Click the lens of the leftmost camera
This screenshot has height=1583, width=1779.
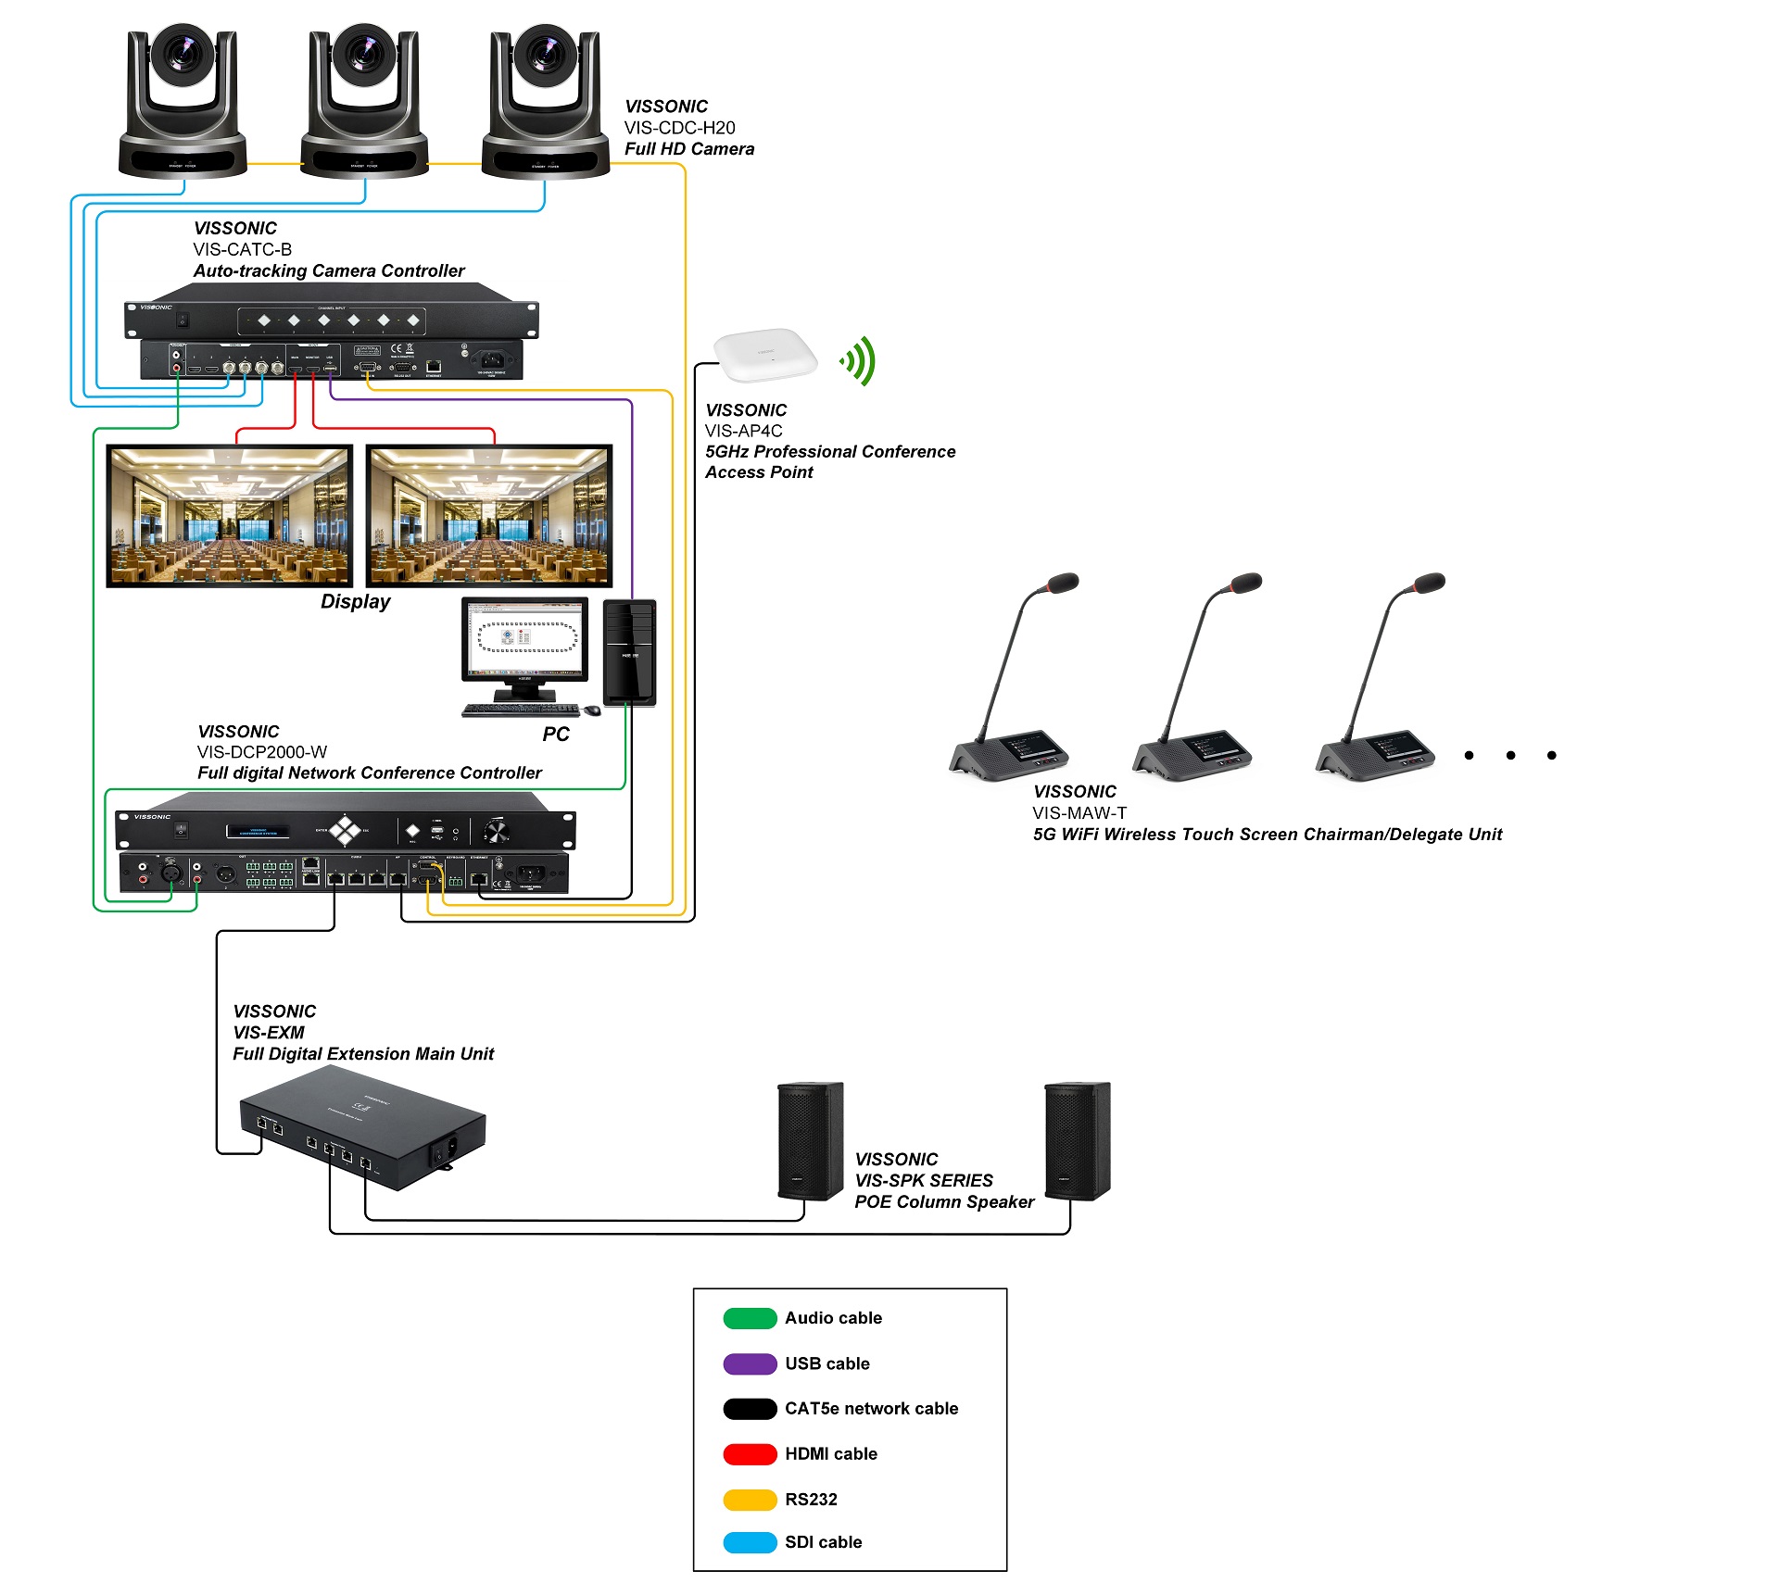click(x=183, y=53)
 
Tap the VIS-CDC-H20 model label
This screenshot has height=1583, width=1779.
click(x=679, y=128)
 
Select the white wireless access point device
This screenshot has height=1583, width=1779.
click(x=765, y=354)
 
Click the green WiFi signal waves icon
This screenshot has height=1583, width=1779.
click(x=859, y=360)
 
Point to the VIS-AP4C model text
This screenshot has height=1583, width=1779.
click(x=743, y=431)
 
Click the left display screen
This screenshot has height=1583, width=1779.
click(x=230, y=515)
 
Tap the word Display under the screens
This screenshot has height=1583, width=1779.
click(x=355, y=601)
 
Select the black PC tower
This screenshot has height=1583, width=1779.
click(x=629, y=652)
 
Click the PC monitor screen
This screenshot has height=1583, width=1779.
click(x=525, y=638)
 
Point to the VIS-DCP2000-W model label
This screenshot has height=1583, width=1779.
click(x=262, y=752)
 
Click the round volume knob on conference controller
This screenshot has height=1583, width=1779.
click(x=497, y=831)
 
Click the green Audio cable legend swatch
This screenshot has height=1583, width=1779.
click(x=750, y=1318)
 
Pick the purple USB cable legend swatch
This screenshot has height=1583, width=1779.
click(x=750, y=1363)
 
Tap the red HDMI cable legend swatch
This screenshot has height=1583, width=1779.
click(x=750, y=1454)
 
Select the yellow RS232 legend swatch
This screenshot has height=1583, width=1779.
click(x=750, y=1500)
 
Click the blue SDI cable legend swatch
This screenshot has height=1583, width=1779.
click(x=750, y=1542)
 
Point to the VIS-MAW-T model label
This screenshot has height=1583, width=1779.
click(x=1079, y=813)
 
